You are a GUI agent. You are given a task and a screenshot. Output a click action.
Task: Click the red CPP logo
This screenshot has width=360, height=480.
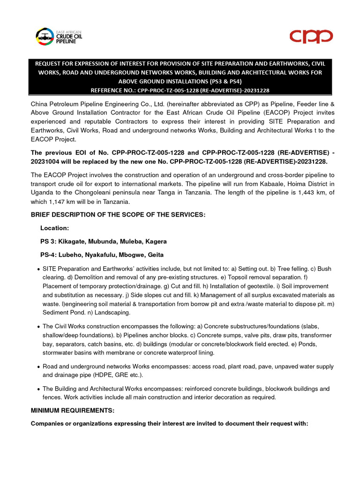pyautogui.click(x=310, y=36)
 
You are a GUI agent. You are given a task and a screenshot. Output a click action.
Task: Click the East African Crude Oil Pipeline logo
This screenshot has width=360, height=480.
pyautogui.click(x=56, y=36)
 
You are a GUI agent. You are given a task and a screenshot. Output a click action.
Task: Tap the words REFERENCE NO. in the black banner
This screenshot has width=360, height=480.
pyautogui.click(x=112, y=90)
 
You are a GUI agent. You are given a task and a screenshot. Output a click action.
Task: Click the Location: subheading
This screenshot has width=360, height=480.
pyautogui.click(x=54, y=228)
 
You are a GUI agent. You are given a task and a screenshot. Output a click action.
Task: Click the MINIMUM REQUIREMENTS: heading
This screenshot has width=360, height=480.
pyautogui.click(x=71, y=410)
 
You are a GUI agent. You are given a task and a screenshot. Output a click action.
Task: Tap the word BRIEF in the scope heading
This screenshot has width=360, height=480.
pyautogui.click(x=42, y=215)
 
